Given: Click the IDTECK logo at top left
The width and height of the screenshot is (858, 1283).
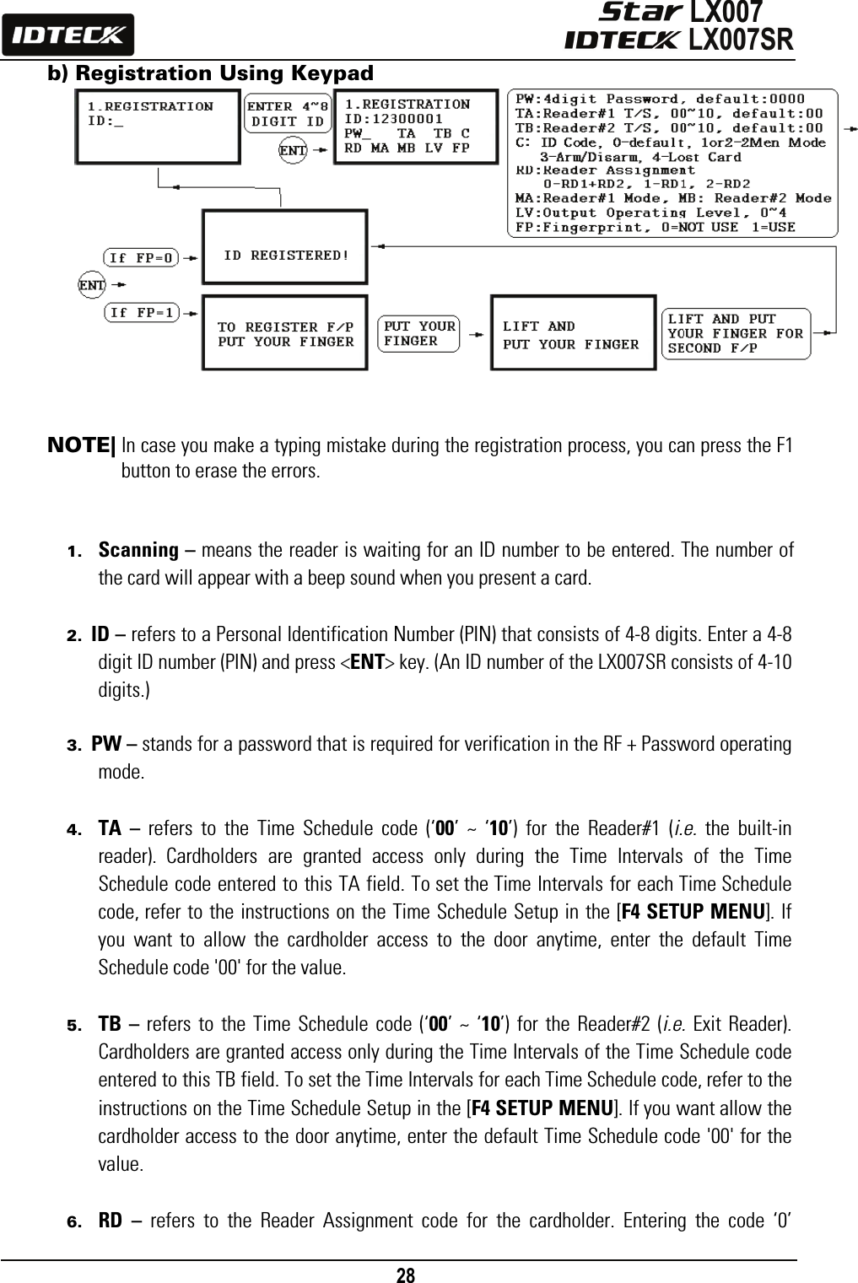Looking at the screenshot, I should coord(67,35).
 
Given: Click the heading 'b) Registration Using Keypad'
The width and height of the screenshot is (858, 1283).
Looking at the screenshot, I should coord(210,73).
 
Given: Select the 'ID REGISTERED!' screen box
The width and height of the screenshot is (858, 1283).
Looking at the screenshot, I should coord(285,254).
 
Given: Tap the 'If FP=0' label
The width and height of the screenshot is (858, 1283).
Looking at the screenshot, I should coord(141,257).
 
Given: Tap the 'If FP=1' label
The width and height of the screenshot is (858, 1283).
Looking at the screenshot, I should coord(141,313).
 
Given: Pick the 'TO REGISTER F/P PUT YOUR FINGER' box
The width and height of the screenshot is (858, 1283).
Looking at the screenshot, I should coord(285,333).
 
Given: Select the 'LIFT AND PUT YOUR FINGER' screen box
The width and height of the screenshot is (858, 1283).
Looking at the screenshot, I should coord(573,333).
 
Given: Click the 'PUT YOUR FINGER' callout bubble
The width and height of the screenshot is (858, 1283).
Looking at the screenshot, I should coord(419,333).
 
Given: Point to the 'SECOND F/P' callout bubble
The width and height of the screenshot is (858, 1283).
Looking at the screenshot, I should coord(736,333).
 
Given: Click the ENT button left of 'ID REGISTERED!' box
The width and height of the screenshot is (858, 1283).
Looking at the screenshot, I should coord(91,285).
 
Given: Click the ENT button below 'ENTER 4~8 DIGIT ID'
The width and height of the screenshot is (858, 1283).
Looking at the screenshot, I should coord(293,150).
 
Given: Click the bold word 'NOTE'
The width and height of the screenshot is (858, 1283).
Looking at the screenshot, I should coord(82,445).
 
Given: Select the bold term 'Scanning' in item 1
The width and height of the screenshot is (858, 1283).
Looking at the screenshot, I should coord(138,551).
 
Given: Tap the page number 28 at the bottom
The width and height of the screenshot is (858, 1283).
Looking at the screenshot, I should coord(406,1275).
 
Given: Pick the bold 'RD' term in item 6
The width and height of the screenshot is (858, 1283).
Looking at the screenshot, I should coord(110,1221).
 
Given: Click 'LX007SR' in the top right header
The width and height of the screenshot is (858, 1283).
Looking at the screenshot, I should coord(741,40).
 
